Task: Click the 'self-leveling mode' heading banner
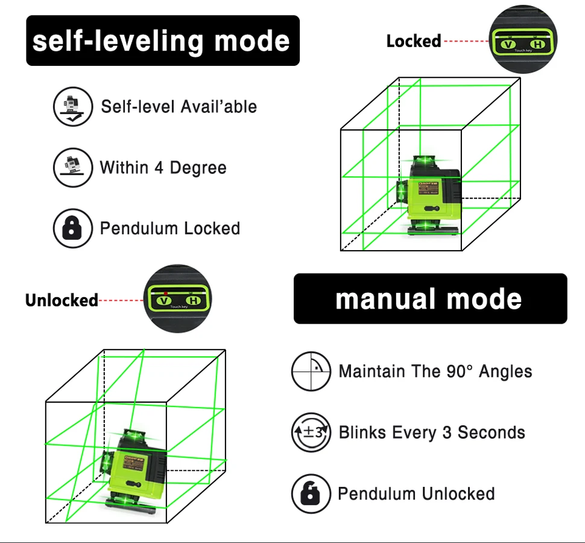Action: pyautogui.click(x=163, y=41)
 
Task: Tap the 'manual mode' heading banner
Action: pyautogui.click(x=429, y=299)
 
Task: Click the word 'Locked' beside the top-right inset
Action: pyautogui.click(x=413, y=42)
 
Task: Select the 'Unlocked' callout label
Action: pyautogui.click(x=61, y=300)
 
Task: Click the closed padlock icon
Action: pyautogui.click(x=73, y=228)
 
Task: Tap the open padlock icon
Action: pyautogui.click(x=311, y=493)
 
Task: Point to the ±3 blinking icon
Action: pyautogui.click(x=311, y=432)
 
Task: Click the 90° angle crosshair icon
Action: pyautogui.click(x=311, y=371)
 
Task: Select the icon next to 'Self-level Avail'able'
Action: pyautogui.click(x=73, y=106)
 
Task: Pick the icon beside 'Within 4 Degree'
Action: pyautogui.click(x=73, y=167)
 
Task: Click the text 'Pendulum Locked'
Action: pyautogui.click(x=170, y=228)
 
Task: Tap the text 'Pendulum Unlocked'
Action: pyautogui.click(x=416, y=493)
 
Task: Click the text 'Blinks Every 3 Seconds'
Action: pyautogui.click(x=432, y=432)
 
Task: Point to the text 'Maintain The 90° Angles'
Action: pyautogui.click(x=435, y=371)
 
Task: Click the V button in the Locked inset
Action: pyautogui.click(x=508, y=44)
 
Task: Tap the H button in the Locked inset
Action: pyautogui.click(x=536, y=44)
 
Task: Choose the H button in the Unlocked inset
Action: pyautogui.click(x=192, y=300)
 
